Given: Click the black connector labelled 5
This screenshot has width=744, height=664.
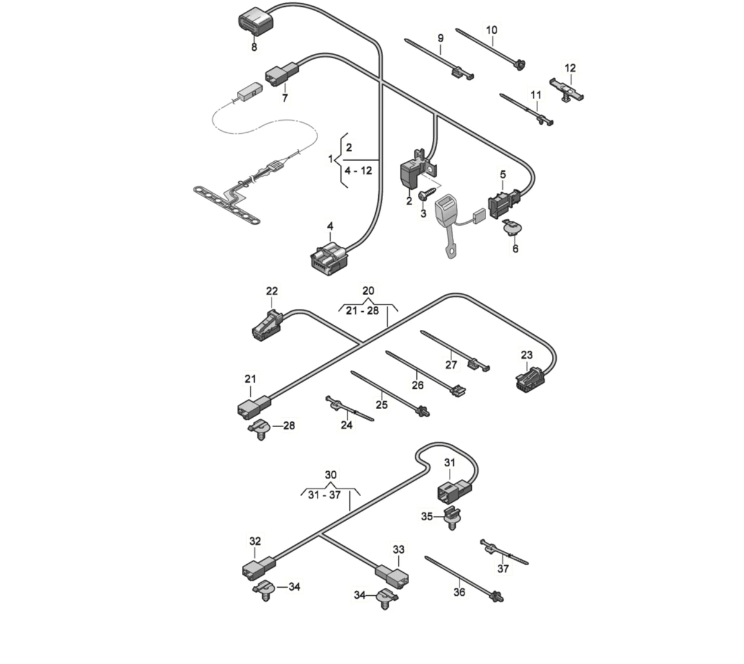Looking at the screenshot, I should (503, 204).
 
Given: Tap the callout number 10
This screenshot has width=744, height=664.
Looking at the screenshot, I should (492, 30).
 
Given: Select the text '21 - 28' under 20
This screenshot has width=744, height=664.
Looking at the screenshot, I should (362, 310).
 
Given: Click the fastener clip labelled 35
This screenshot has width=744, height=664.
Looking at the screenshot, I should (456, 517).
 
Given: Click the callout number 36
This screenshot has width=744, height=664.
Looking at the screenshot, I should (459, 593).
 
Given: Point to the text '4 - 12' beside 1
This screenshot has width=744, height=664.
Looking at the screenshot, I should (358, 170).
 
